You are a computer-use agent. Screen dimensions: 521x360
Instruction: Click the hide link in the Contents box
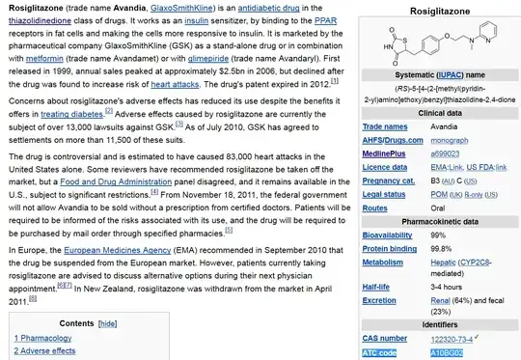(108, 323)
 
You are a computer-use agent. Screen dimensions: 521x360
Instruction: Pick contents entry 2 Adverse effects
(44, 351)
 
